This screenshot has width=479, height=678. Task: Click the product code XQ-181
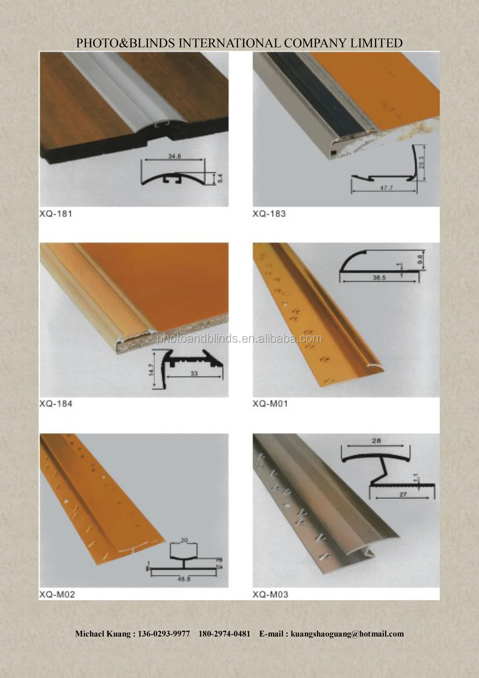(x=56, y=214)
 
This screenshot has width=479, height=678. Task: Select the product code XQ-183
(x=269, y=214)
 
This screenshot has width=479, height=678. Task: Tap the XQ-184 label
(x=56, y=404)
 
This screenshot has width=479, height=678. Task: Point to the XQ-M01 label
(x=270, y=404)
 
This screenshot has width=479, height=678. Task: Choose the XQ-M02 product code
(x=57, y=595)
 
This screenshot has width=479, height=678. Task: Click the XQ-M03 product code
(x=271, y=595)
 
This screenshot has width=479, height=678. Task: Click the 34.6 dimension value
(x=174, y=156)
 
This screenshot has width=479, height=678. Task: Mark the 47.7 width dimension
(x=386, y=188)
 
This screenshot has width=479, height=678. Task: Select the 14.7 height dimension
(x=152, y=369)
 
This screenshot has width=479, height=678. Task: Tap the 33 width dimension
(x=194, y=373)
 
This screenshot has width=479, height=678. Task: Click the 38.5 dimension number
(x=379, y=278)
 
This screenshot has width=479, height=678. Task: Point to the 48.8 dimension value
(x=184, y=579)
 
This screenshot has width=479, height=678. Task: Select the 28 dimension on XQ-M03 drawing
(x=376, y=440)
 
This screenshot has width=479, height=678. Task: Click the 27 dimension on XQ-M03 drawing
(x=403, y=494)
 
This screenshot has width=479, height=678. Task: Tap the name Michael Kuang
(x=103, y=634)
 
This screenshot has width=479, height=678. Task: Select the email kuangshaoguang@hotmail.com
(x=347, y=634)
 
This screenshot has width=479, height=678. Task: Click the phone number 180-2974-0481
(x=224, y=634)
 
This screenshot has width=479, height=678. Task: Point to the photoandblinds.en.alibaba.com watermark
(x=239, y=339)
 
